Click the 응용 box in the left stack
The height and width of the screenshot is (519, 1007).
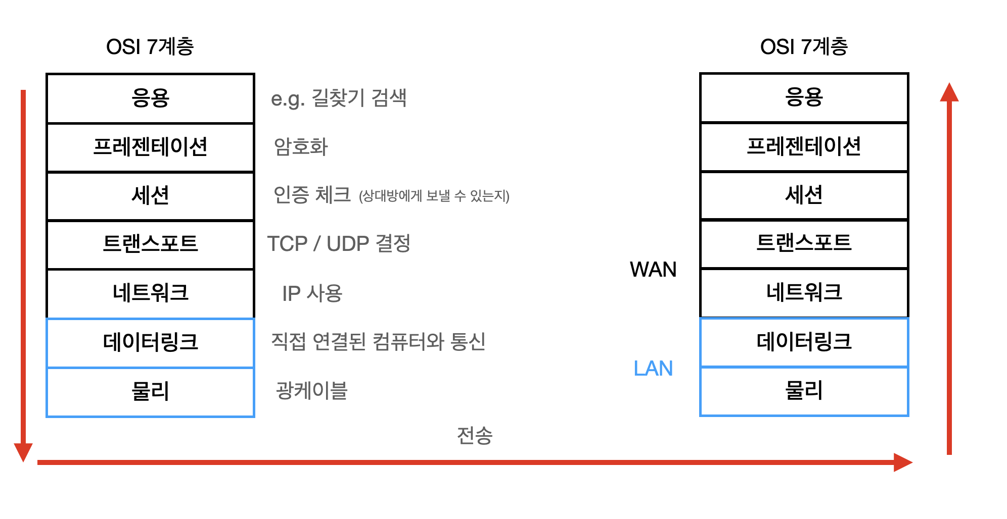[150, 98]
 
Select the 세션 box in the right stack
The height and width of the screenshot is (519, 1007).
[804, 195]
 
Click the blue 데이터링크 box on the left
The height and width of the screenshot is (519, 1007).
[150, 342]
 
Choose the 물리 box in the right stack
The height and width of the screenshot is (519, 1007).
[804, 391]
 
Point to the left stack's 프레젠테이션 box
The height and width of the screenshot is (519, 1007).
[150, 147]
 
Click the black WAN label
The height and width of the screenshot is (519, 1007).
[653, 270]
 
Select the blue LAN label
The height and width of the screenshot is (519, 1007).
[653, 369]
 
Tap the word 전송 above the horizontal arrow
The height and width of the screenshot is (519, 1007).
[474, 435]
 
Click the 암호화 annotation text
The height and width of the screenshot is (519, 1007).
[301, 147]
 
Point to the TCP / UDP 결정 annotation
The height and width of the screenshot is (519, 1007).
[339, 244]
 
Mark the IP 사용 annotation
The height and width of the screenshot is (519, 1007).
[312, 293]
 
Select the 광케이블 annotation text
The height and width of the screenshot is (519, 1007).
[311, 391]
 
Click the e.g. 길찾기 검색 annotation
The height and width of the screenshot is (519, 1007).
[339, 98]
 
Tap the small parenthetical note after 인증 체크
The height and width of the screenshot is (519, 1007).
[434, 196]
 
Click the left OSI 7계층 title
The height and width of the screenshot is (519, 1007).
[150, 46]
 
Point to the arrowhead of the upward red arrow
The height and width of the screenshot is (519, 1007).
[949, 93]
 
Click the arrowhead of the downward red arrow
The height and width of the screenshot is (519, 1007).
[23, 451]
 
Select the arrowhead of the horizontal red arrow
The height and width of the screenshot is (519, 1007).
[902, 462]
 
